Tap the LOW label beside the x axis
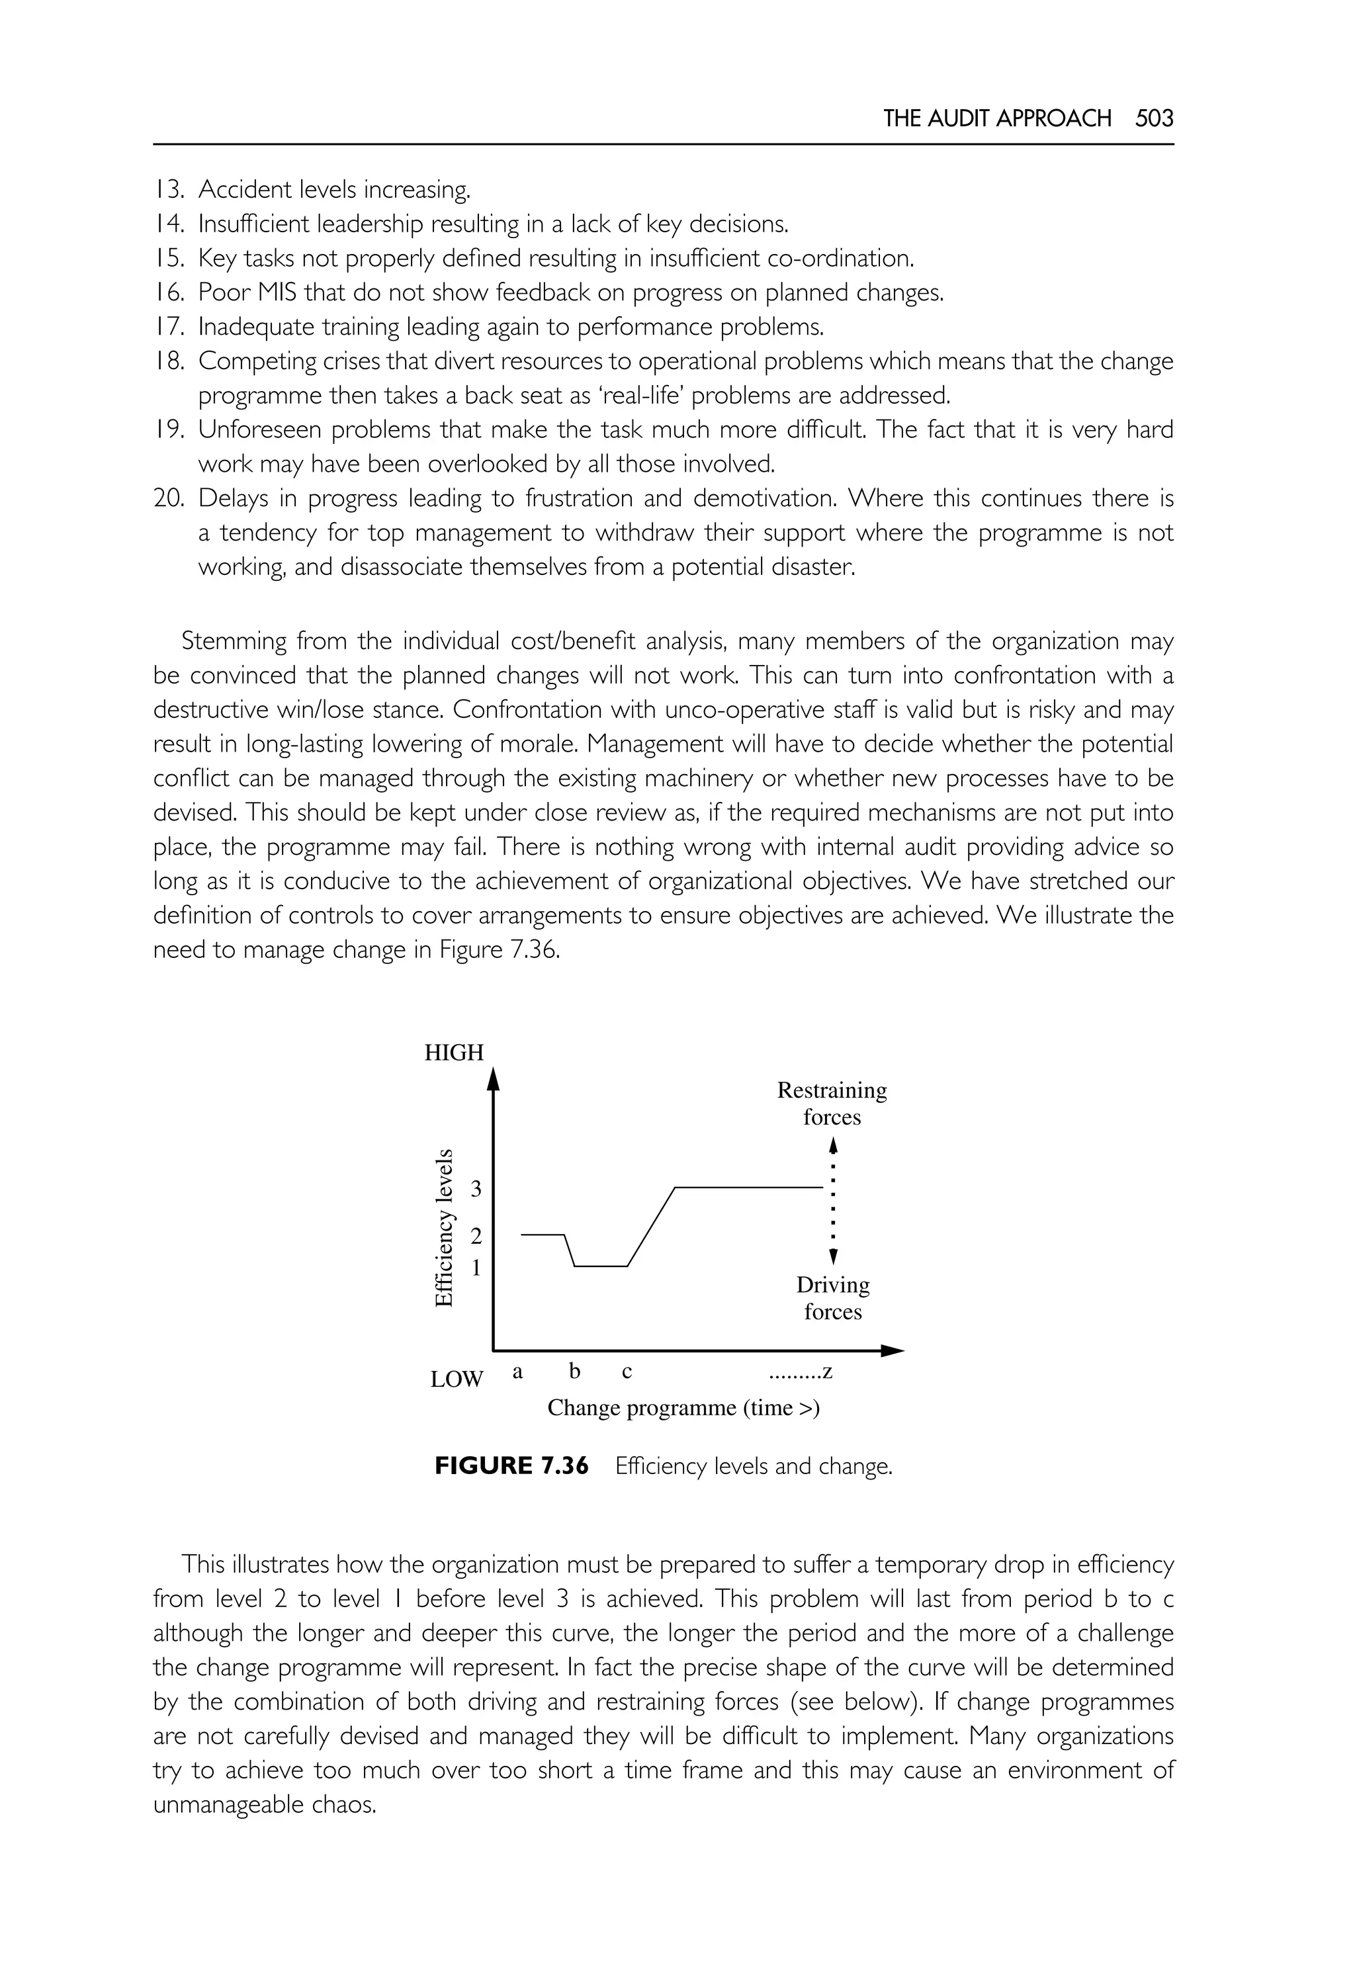(456, 1379)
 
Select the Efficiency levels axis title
(443, 1228)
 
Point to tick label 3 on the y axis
(476, 1189)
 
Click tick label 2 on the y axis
(476, 1237)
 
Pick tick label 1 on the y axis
(476, 1268)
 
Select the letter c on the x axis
(627, 1372)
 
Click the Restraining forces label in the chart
(832, 1103)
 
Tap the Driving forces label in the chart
(833, 1297)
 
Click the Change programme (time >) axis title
(683, 1408)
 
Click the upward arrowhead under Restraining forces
(833, 1145)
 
